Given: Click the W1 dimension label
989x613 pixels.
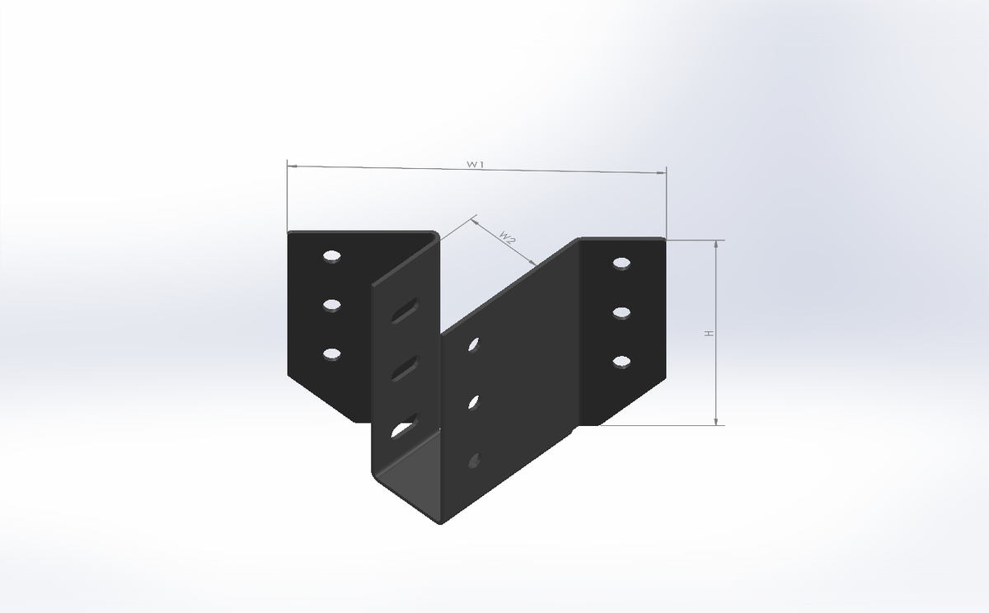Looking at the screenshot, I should pyautogui.click(x=474, y=165).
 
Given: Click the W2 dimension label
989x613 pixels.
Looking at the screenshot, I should pyautogui.click(x=508, y=239).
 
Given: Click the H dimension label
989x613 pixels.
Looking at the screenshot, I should pyautogui.click(x=708, y=333).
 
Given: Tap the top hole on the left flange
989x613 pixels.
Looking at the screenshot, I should pyautogui.click(x=332, y=256).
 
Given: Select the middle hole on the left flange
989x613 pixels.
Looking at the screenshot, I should pyautogui.click(x=332, y=305).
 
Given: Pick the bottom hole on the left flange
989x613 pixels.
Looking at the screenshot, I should pyautogui.click(x=332, y=353).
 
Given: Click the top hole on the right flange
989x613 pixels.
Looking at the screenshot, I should pyautogui.click(x=621, y=264).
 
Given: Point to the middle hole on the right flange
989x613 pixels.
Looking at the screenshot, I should pyautogui.click(x=621, y=312).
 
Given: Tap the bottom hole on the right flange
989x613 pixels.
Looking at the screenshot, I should pyautogui.click(x=621, y=361).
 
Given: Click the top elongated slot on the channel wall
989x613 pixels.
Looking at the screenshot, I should pyautogui.click(x=404, y=311).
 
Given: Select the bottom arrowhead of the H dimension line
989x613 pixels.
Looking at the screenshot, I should pyautogui.click(x=717, y=421).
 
